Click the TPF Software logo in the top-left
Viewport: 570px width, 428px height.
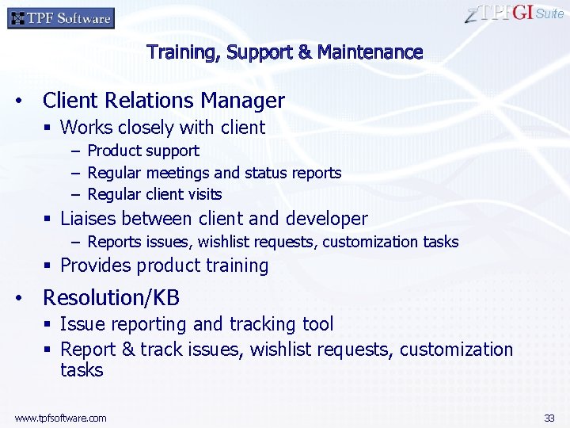click(x=61, y=17)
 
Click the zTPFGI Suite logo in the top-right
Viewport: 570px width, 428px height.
click(x=514, y=13)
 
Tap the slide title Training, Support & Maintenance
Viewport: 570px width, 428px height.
click(x=285, y=52)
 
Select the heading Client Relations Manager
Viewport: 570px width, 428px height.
click(x=163, y=101)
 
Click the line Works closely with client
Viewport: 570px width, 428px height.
click(x=162, y=128)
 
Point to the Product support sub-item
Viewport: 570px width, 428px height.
click(x=143, y=151)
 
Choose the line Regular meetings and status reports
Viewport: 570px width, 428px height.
click(x=214, y=173)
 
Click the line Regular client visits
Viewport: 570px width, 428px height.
click(x=154, y=194)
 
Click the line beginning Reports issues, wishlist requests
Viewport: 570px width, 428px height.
click(x=272, y=242)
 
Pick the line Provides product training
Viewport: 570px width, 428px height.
click(x=164, y=266)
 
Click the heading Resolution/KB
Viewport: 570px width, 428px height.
click(x=111, y=298)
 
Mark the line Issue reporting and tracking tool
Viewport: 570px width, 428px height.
click(x=196, y=324)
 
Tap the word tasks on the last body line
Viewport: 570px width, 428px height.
click(x=82, y=370)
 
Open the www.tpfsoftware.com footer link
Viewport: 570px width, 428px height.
click(x=60, y=418)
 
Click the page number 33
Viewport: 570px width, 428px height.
click(x=549, y=418)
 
